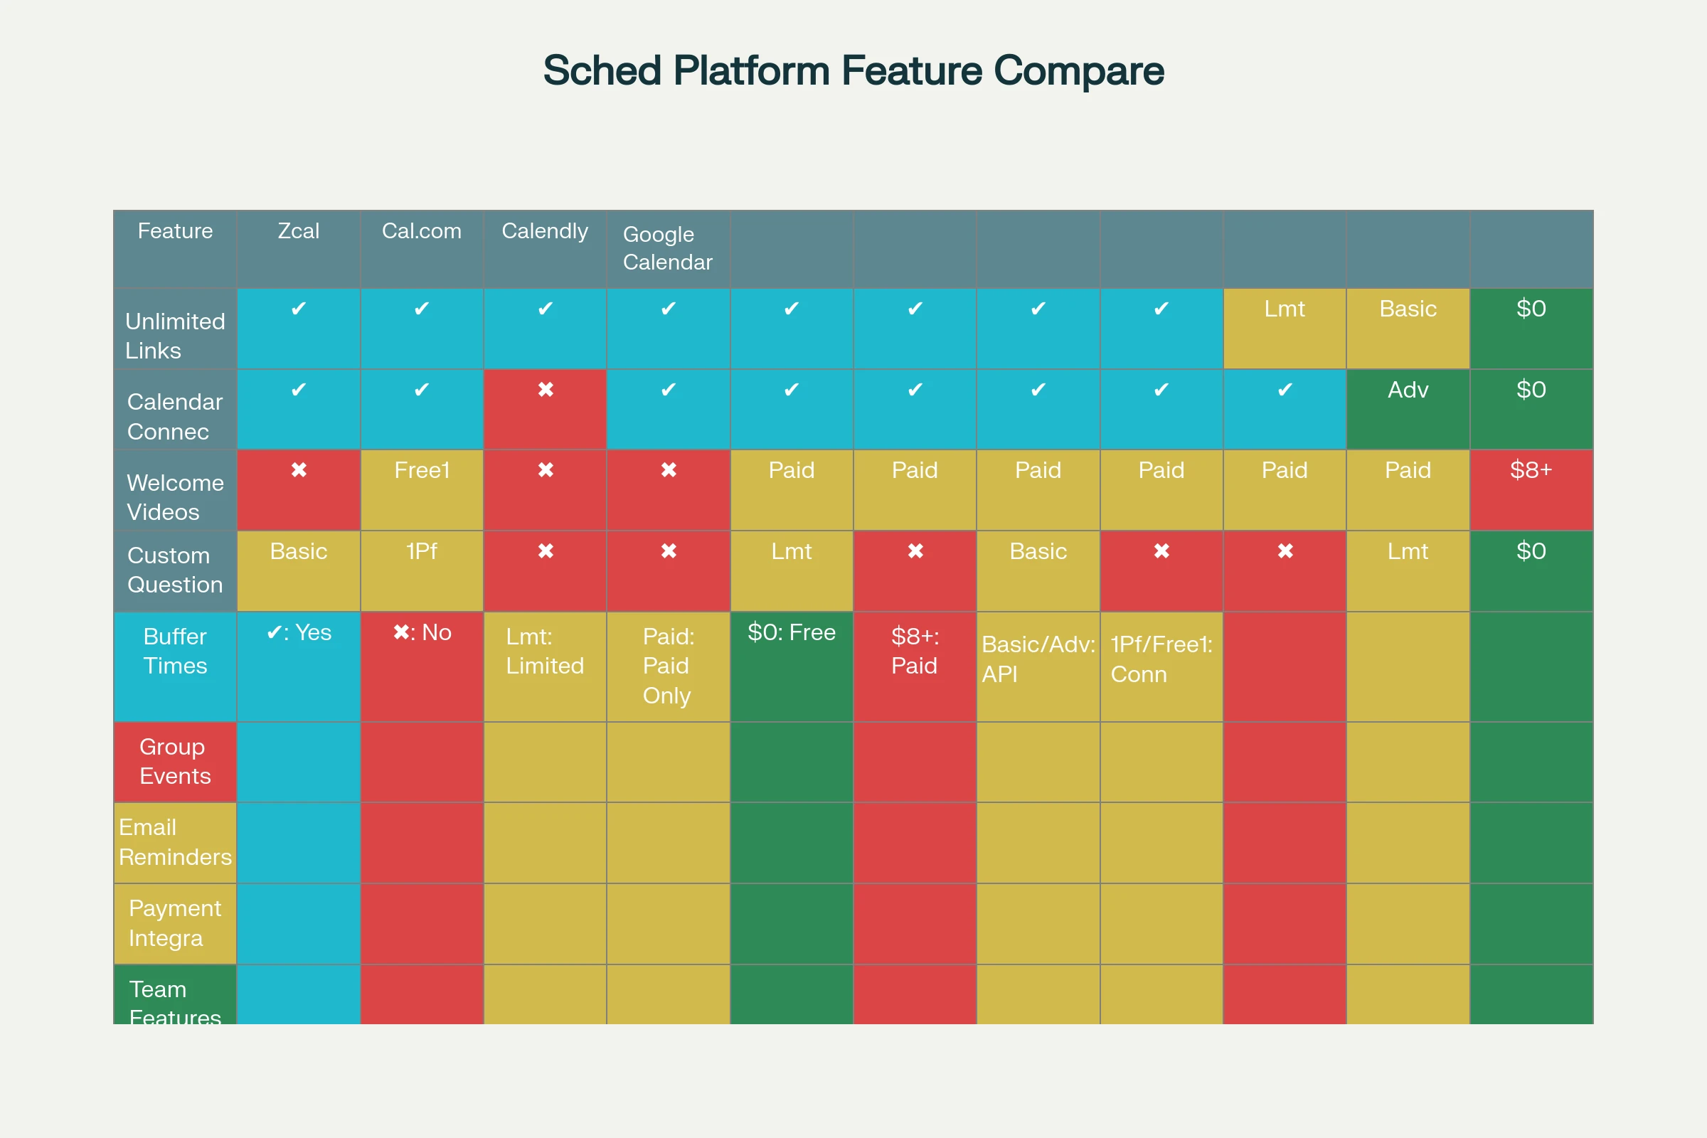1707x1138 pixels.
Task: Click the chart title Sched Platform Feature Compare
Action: (x=854, y=70)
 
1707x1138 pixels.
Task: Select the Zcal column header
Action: (x=298, y=230)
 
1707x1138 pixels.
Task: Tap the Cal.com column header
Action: (x=422, y=230)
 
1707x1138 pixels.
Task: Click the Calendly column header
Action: (x=544, y=230)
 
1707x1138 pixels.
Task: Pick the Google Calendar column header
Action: (x=668, y=248)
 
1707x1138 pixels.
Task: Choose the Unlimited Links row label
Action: (x=175, y=335)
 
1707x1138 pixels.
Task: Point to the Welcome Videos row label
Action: (x=175, y=497)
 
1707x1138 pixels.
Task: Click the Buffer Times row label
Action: (x=175, y=651)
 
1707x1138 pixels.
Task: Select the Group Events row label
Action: (x=175, y=761)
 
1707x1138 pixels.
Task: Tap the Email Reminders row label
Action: (x=175, y=842)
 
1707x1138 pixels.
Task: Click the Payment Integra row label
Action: (x=175, y=923)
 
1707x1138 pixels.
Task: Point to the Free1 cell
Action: (x=422, y=470)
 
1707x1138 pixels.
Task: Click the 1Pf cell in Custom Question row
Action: (x=422, y=552)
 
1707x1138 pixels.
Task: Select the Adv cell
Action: (x=1408, y=390)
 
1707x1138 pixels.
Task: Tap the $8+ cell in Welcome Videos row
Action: (x=1531, y=470)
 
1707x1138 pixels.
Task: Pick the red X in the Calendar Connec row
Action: (x=545, y=390)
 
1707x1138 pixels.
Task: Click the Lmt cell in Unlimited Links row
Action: (x=1284, y=309)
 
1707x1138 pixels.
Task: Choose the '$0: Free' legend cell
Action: (x=791, y=633)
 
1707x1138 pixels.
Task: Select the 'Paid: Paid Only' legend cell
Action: (x=668, y=666)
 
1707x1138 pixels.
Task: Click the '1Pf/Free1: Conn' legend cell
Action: (x=1161, y=659)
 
